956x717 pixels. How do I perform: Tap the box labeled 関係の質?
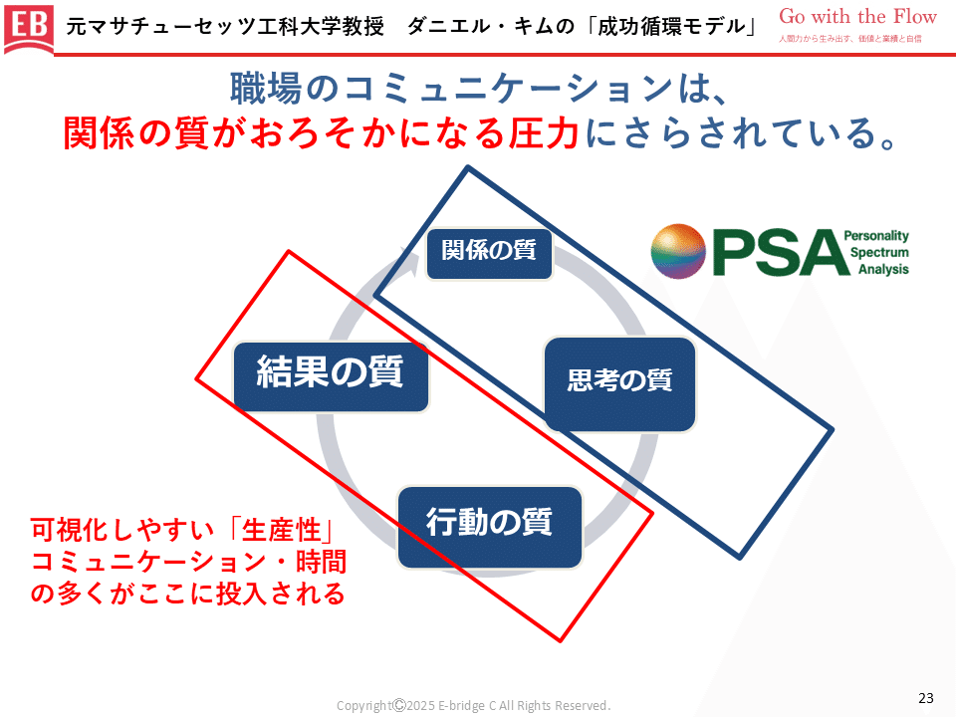pyautogui.click(x=488, y=251)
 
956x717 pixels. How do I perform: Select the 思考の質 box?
pyautogui.click(x=619, y=381)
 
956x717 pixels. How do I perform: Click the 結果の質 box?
pyautogui.click(x=331, y=374)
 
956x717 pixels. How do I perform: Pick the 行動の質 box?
pyautogui.click(x=488, y=523)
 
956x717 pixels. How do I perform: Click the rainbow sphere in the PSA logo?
pyautogui.click(x=678, y=251)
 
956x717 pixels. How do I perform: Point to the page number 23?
pyautogui.click(x=925, y=697)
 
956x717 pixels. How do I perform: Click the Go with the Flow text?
pyautogui.click(x=857, y=16)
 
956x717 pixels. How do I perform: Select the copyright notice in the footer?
pyautogui.click(x=473, y=705)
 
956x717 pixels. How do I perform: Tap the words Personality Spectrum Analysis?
pyautogui.click(x=876, y=253)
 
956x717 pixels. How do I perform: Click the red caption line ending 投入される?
pyautogui.click(x=188, y=595)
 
